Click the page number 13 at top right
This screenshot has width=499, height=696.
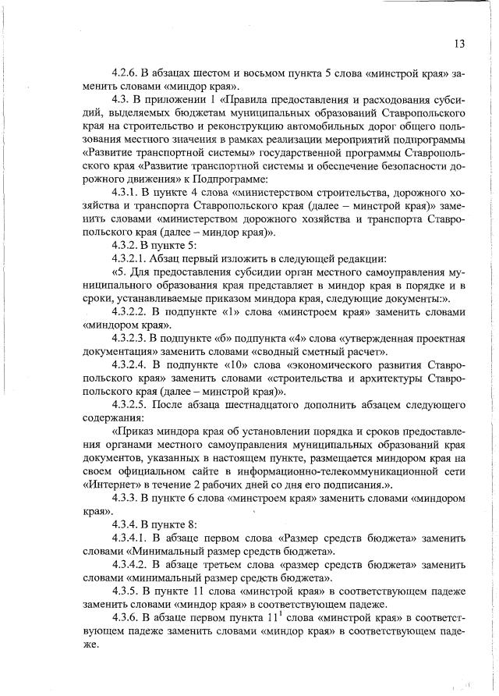pos(457,44)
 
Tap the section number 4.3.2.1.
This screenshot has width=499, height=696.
pos(133,259)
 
